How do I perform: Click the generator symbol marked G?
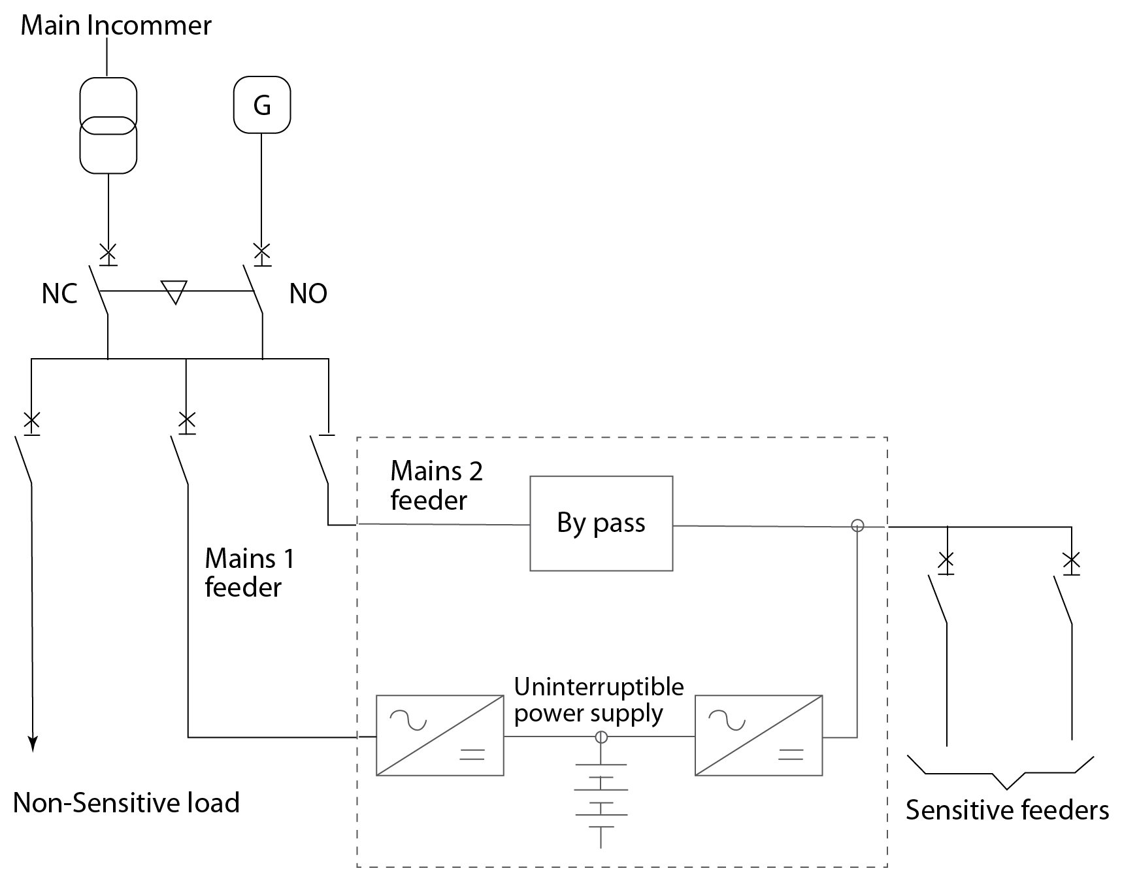click(262, 105)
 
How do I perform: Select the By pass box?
click(601, 523)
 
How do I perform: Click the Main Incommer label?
click(116, 25)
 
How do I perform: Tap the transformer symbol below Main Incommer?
click(108, 125)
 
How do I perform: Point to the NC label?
click(59, 294)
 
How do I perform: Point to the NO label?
click(308, 294)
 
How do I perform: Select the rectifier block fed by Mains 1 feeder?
click(440, 736)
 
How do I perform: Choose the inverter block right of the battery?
click(758, 736)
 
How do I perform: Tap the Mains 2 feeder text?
click(436, 486)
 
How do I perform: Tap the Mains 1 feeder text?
click(248, 572)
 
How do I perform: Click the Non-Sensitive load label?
click(126, 803)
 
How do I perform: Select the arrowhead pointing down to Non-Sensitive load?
click(32, 744)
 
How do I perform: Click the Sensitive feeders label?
click(1006, 810)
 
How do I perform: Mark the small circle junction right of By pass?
click(857, 525)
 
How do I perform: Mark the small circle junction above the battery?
click(601, 737)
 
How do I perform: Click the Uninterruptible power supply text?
click(598, 700)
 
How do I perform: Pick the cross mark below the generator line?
click(262, 251)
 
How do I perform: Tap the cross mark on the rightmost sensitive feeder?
click(1071, 560)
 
